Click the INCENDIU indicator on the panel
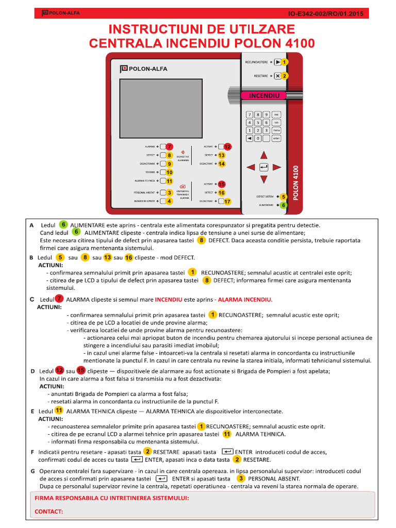pos(264,96)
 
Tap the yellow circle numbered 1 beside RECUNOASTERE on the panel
pos(284,62)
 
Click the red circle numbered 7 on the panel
pos(169,146)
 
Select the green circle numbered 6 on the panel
pos(283,205)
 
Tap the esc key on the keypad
pos(276,114)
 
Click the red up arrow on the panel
pos(263,155)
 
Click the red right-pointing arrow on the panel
pos(277,167)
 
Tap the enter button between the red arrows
pos(263,167)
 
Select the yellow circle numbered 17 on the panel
pos(227,202)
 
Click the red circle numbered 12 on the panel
pos(227,146)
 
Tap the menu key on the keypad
pos(276,130)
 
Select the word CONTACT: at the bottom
pos(48,511)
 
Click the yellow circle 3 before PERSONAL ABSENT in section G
pos(240,478)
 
